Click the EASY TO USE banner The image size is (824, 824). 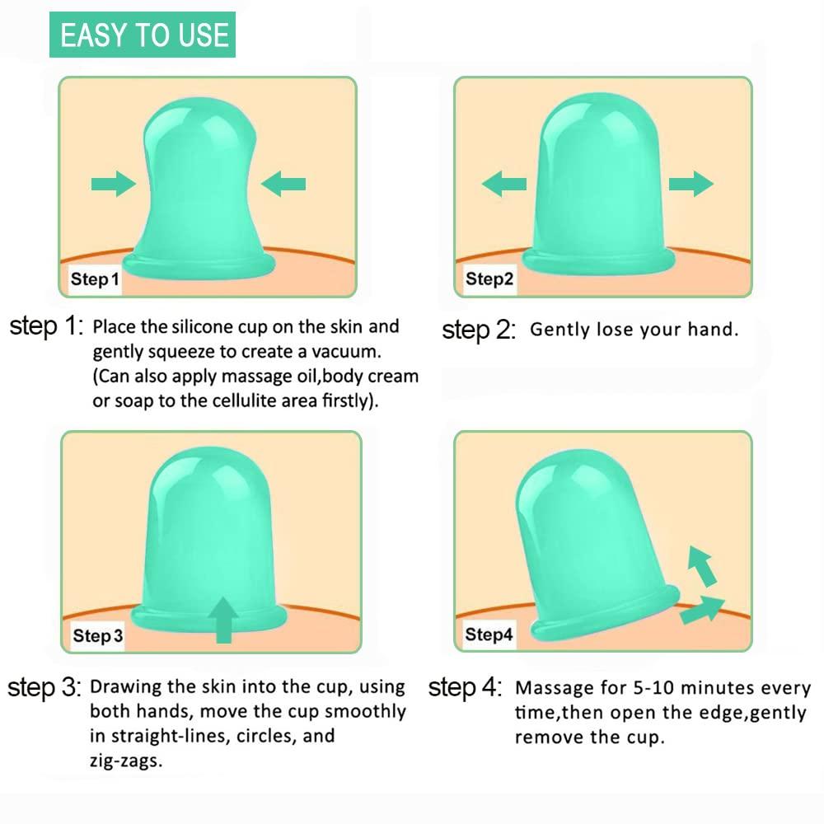point(143,35)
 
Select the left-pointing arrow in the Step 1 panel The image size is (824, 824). point(283,185)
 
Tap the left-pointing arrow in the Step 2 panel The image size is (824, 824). point(503,184)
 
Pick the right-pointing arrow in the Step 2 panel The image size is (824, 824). point(691,183)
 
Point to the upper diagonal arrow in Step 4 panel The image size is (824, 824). point(701,565)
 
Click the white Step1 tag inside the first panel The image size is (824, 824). point(94,280)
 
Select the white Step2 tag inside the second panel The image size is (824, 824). point(489,279)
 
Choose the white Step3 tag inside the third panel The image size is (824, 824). point(97,636)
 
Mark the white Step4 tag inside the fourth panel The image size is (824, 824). point(489,634)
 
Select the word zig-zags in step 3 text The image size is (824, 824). point(126,760)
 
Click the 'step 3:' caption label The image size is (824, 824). point(44,687)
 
